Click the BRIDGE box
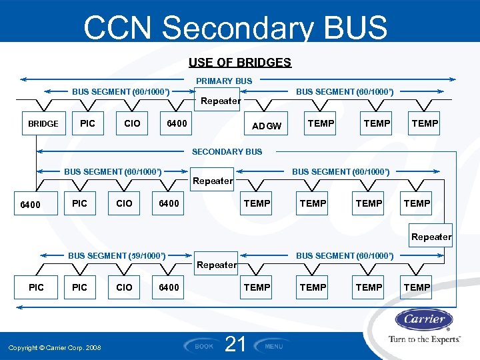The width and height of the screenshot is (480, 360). click(43, 123)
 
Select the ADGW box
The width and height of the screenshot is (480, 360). click(267, 126)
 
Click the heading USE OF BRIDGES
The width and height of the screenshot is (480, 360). click(239, 63)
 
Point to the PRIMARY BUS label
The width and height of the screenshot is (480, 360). click(224, 81)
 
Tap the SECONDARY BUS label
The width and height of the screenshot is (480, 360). click(227, 151)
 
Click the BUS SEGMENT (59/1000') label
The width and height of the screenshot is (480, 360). click(117, 255)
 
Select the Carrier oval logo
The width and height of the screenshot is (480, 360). click(424, 319)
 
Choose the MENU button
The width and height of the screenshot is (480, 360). click(273, 346)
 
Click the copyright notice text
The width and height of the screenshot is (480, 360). click(55, 347)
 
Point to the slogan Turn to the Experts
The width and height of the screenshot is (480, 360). click(424, 339)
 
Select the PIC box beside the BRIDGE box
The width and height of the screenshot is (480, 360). click(87, 123)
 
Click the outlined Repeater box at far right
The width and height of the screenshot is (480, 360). click(431, 237)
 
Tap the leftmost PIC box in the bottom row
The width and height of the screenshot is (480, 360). click(37, 287)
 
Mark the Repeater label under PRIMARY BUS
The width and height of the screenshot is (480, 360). click(221, 101)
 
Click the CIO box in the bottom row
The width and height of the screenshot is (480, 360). click(124, 287)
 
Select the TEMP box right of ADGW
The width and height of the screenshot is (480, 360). click(321, 123)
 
